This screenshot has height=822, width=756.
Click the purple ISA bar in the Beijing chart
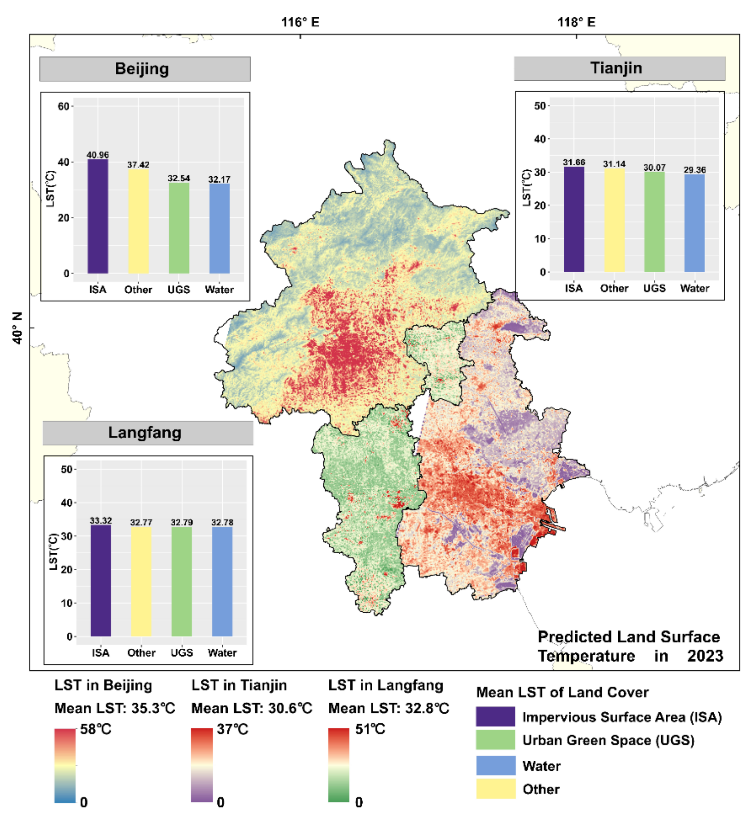click(x=98, y=216)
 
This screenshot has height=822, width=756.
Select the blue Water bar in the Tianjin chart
click(x=694, y=223)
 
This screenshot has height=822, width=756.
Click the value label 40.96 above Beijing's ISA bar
click(x=98, y=155)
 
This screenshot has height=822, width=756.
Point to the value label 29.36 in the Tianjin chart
click(x=694, y=170)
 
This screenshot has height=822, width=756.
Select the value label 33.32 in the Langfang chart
click(x=101, y=520)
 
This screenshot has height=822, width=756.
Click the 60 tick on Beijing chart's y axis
click(x=63, y=106)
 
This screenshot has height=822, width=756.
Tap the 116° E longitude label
click(x=300, y=22)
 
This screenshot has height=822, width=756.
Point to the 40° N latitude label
click(x=18, y=328)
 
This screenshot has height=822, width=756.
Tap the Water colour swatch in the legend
click(x=495, y=765)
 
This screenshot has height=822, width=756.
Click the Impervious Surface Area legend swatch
click(x=495, y=717)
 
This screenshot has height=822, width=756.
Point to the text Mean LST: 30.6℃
click(x=252, y=708)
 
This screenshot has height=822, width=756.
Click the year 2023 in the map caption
click(x=705, y=656)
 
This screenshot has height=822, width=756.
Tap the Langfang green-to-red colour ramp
click(x=339, y=765)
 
